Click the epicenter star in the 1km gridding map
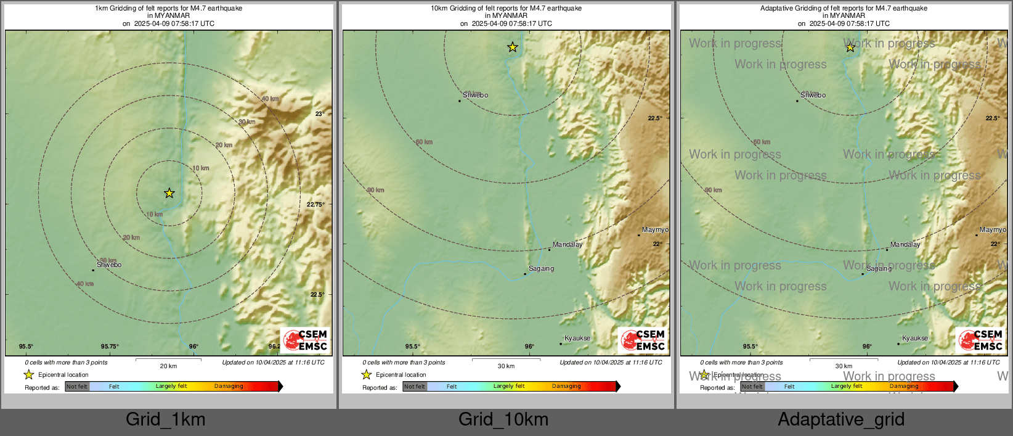coord(169,194)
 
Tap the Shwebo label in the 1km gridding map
coord(109,265)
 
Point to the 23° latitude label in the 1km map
coord(319,114)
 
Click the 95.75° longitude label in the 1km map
coord(110,347)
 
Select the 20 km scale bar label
coord(168,366)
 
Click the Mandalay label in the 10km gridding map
coord(568,245)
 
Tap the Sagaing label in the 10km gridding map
coord(541,269)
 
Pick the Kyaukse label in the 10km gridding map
coord(577,339)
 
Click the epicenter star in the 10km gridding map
coord(512,47)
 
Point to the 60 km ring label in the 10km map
coord(424,142)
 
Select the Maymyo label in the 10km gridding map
coord(654,230)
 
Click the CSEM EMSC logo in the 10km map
coord(643,340)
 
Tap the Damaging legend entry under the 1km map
coord(229,387)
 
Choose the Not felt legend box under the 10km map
coord(415,387)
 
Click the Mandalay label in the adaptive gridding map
coord(905,245)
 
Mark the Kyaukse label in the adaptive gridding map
coord(915,339)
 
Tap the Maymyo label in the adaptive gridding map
coord(992,230)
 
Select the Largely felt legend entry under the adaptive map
coord(847,387)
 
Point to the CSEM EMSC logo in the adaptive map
coord(980,340)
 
